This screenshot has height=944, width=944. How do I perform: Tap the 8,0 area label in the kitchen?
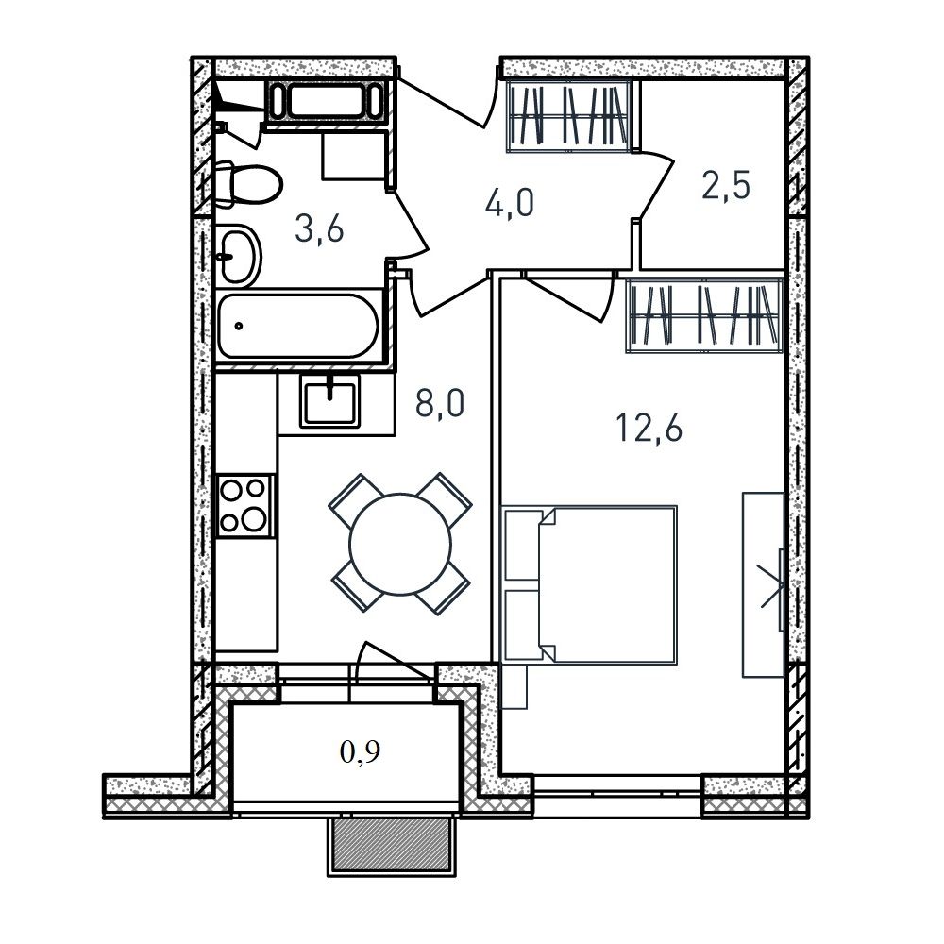[440, 403]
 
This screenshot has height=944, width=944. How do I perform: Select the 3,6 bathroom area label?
[319, 228]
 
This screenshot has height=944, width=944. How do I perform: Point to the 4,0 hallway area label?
[510, 202]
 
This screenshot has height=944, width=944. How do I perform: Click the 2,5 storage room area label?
[726, 185]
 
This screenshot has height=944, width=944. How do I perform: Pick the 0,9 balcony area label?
[360, 752]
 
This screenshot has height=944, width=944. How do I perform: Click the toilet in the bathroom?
[248, 184]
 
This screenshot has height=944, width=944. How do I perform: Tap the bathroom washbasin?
[238, 256]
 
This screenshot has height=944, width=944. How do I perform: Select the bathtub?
[298, 326]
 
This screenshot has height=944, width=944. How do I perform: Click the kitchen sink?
[329, 400]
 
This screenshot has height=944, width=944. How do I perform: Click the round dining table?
[400, 544]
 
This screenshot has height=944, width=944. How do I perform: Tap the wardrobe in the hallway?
[569, 116]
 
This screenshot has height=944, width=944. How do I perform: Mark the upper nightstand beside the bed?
[522, 546]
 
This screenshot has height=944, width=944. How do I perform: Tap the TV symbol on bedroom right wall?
[774, 588]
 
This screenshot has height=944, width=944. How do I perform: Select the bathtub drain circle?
[239, 326]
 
